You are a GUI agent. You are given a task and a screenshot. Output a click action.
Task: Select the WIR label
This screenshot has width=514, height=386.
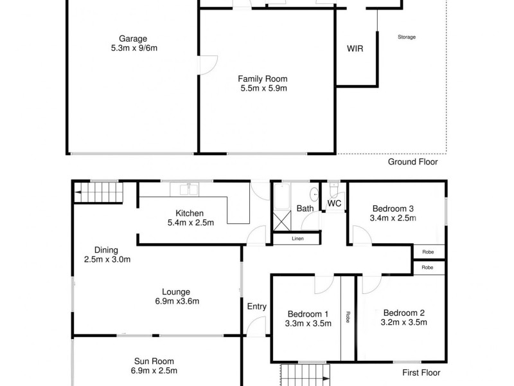click(x=355, y=49)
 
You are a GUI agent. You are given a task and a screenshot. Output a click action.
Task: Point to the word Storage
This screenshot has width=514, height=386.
click(x=406, y=37)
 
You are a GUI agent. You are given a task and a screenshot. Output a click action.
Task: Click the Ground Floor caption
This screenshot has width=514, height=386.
click(x=412, y=162)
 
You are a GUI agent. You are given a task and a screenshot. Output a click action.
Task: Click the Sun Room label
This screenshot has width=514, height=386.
click(x=154, y=362)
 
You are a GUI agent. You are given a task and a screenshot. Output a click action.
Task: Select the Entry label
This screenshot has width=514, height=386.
click(x=256, y=306)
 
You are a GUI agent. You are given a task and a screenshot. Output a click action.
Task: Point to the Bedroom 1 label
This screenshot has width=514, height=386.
click(x=308, y=314)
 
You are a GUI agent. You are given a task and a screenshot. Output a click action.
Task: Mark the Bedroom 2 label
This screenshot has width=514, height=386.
click(x=403, y=313)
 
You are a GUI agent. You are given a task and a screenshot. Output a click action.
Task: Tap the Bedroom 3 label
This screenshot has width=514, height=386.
click(x=393, y=208)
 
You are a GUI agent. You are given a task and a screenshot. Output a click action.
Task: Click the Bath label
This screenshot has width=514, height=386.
click(x=305, y=208)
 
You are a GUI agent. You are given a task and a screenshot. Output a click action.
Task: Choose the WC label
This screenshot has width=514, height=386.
click(x=334, y=203)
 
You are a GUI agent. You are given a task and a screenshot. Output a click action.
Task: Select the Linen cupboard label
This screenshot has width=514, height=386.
click(x=297, y=239)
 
